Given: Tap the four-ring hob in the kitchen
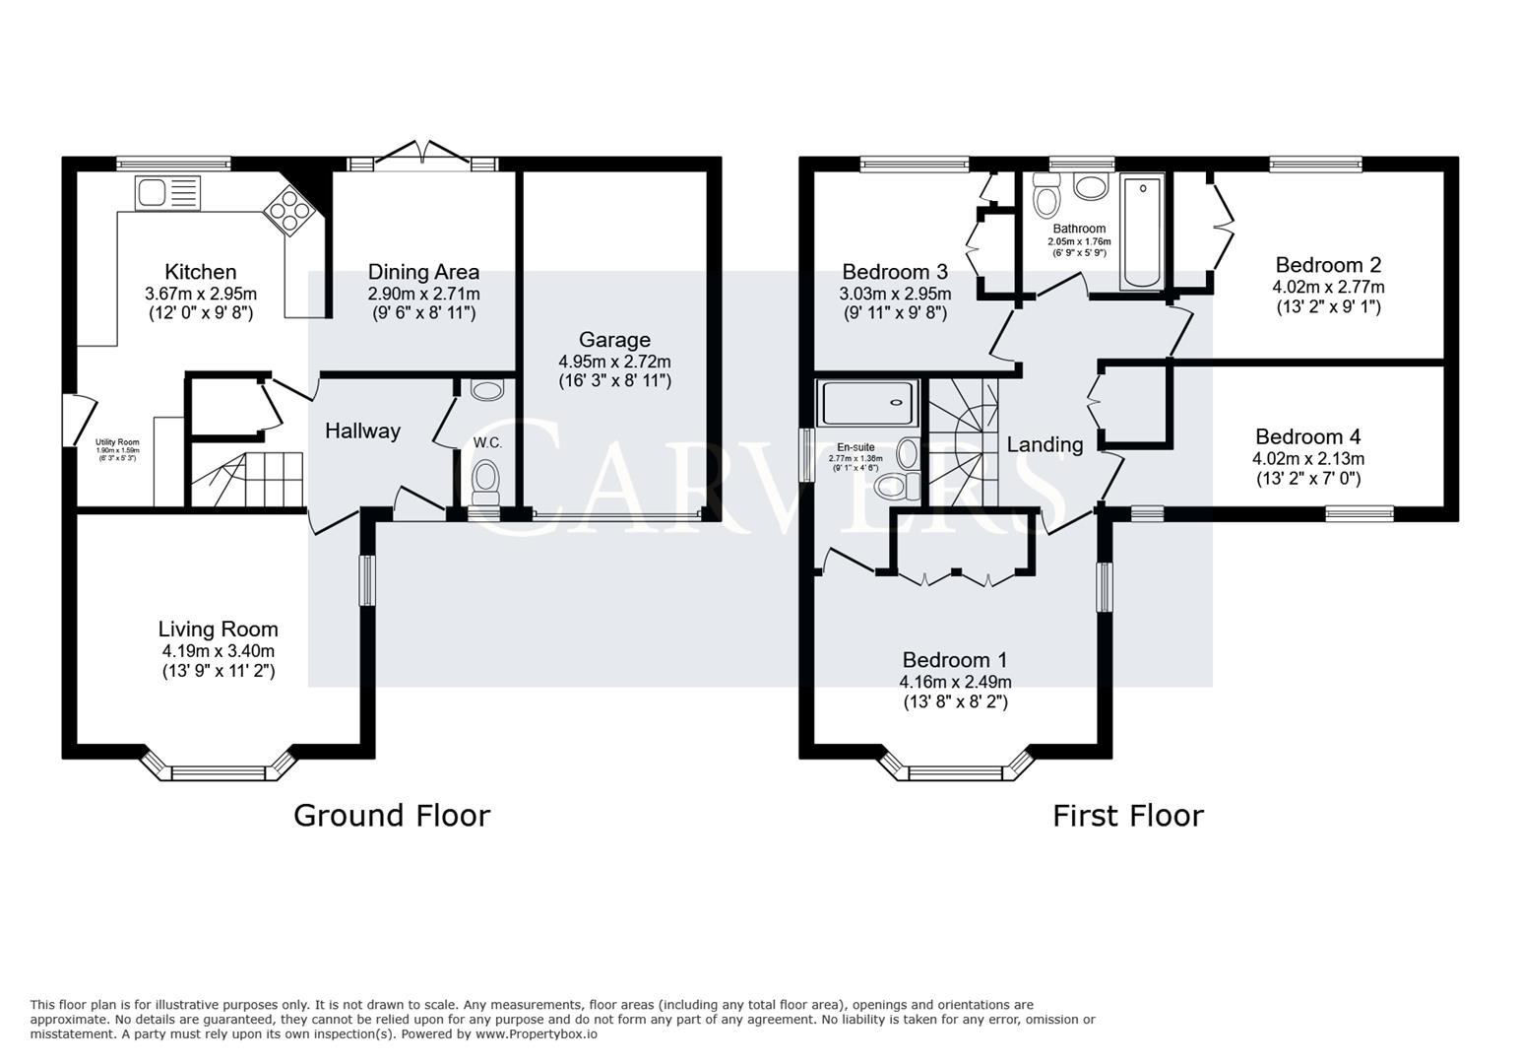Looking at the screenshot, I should tap(290, 209).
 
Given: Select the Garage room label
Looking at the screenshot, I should tap(614, 340).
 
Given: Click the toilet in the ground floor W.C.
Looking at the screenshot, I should tap(485, 483).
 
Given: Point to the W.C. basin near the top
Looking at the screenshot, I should tap(486, 391).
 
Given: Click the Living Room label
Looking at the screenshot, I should tap(218, 629).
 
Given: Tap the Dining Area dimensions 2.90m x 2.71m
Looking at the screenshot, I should tap(423, 294).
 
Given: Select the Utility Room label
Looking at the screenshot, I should tap(117, 443).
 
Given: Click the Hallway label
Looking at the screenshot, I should tap(362, 431).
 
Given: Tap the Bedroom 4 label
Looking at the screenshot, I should tap(1307, 436).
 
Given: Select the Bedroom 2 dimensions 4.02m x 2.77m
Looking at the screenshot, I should tap(1328, 287).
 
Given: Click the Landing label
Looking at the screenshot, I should tap(1045, 444).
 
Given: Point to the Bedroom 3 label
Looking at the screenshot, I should tap(894, 271).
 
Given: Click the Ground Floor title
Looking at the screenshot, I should tap(391, 815).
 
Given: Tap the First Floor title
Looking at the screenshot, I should tap(1127, 815).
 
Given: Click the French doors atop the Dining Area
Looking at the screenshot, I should tap(423, 158).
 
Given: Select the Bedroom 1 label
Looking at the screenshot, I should tap(954, 659).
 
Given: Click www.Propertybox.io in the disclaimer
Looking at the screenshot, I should tap(536, 1033).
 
